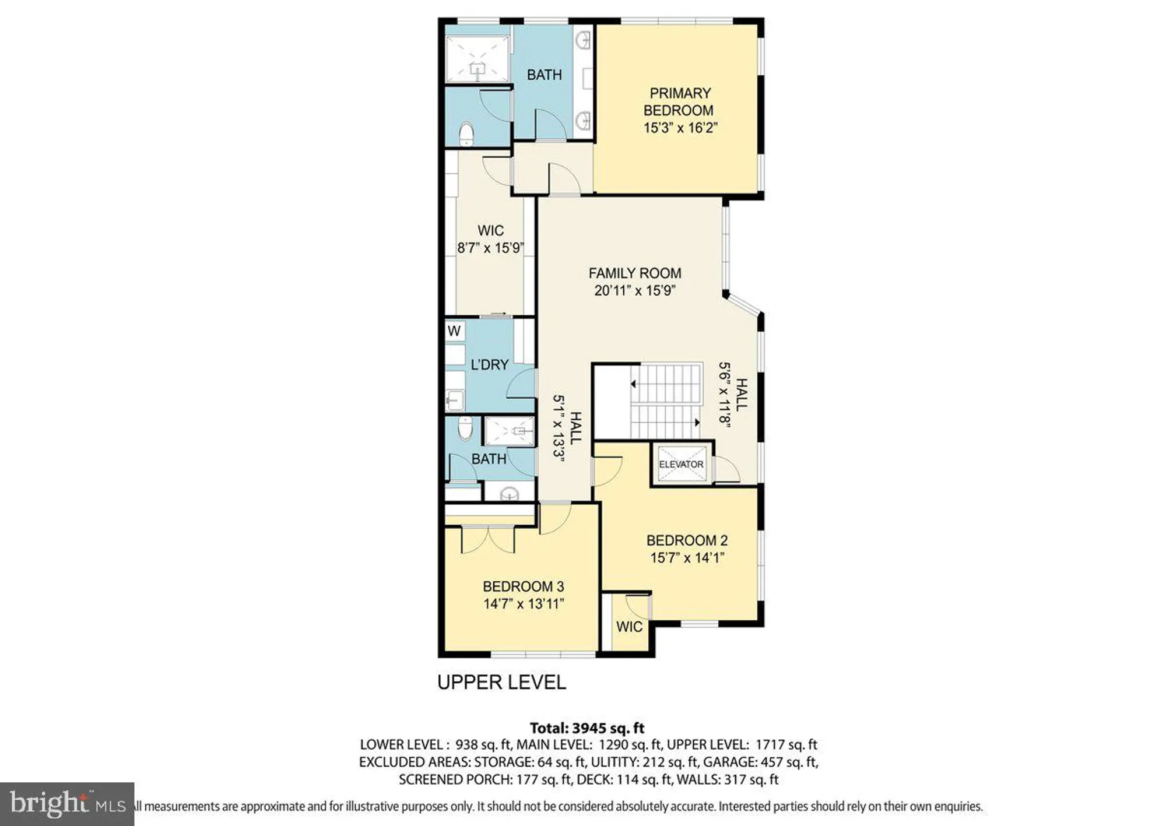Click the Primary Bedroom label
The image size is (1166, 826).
click(x=680, y=101)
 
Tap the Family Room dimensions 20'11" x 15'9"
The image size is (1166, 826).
click(x=634, y=290)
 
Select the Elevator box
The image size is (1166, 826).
click(x=681, y=464)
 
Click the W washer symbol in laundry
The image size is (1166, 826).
click(x=454, y=332)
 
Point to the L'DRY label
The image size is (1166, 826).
click(x=489, y=365)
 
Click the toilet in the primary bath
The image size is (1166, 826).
click(x=466, y=133)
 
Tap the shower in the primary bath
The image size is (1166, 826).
click(x=477, y=59)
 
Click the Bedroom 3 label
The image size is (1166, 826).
click(x=523, y=586)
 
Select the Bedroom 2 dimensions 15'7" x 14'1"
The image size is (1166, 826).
click(x=687, y=558)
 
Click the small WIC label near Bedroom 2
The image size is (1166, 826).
click(x=629, y=627)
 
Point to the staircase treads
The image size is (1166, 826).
click(x=666, y=401)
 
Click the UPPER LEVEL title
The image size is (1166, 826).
click(x=501, y=682)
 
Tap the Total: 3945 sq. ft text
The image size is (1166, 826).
click(x=586, y=728)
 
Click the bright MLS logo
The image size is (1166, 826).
click(x=67, y=804)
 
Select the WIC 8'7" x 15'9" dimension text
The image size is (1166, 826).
click(x=490, y=248)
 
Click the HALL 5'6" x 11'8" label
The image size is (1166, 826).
click(x=732, y=395)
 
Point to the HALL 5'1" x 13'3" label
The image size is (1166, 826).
click(x=567, y=428)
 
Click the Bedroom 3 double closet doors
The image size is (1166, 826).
click(x=488, y=539)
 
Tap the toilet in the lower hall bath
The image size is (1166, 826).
click(x=465, y=428)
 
